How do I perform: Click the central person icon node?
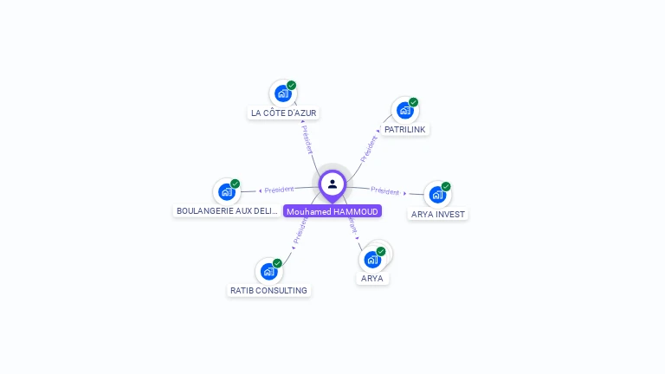(x=332, y=184)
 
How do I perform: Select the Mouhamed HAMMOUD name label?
(x=332, y=211)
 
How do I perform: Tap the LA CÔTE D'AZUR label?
(x=284, y=113)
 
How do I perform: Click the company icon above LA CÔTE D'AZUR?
(x=282, y=93)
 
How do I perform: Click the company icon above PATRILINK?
(x=404, y=110)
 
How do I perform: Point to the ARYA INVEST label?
(x=438, y=214)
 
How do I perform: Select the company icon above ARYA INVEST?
(x=437, y=194)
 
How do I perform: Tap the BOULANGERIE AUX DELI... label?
(x=228, y=211)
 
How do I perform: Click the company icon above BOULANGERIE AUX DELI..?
(x=227, y=191)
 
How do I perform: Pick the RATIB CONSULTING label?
(x=268, y=291)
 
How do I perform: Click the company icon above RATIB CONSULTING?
(x=268, y=271)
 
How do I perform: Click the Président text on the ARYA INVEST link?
(x=385, y=190)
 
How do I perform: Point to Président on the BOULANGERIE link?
(x=279, y=190)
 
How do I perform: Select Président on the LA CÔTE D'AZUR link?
(x=307, y=139)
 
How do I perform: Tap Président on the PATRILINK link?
(x=369, y=148)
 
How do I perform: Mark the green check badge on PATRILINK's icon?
(x=414, y=102)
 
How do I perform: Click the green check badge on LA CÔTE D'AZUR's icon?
(x=292, y=86)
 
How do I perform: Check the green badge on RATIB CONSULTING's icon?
(x=277, y=263)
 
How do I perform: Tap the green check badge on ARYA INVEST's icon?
(x=446, y=186)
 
